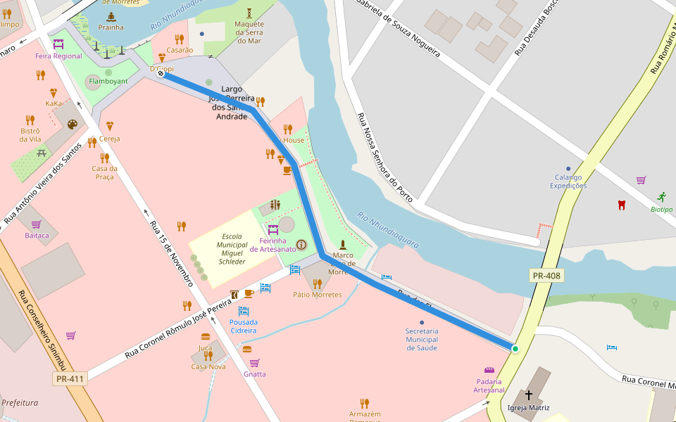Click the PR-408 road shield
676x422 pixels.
546,276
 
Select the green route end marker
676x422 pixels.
515,349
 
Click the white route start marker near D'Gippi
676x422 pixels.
161,74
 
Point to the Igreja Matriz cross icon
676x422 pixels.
529,395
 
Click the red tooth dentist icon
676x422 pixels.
621,205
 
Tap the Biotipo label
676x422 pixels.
661,209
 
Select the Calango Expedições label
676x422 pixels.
570,181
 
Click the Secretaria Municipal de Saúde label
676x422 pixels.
422,339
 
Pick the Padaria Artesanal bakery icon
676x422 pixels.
489,370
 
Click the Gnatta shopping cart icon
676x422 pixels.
254,363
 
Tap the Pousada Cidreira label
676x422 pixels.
244,326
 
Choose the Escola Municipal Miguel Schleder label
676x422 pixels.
232,249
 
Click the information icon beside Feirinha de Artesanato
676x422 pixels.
301,245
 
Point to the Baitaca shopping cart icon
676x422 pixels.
36,224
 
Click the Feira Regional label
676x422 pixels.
58,56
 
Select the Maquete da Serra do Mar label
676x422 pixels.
249,32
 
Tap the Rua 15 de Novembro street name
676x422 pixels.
171,253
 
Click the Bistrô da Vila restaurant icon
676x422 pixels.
30,120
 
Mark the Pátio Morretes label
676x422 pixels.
317,294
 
